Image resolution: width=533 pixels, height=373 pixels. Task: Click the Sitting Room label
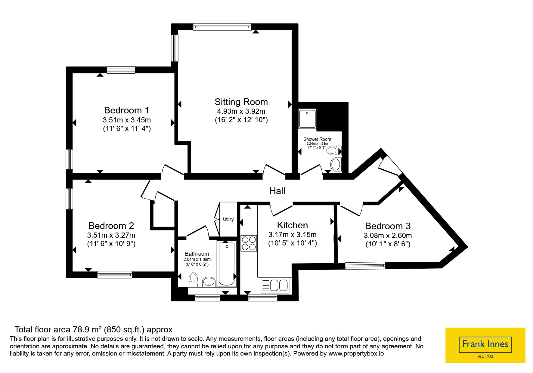tap(241, 102)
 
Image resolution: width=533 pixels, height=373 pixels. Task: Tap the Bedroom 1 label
tap(127, 110)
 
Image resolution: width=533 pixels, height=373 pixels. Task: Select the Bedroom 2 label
tap(111, 226)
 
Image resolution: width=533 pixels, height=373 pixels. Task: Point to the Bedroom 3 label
tap(388, 226)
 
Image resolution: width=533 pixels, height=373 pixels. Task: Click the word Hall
tap(277, 191)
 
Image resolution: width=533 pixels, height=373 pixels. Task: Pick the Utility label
tap(228, 219)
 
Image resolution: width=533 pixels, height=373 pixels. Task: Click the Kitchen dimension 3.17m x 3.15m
tap(292, 235)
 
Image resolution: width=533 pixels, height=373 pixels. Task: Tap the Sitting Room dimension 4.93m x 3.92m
tap(241, 111)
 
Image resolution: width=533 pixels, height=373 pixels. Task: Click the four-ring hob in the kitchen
tap(249, 243)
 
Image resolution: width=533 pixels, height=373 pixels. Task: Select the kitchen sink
tap(275, 285)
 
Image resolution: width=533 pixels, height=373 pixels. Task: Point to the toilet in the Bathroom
tap(193, 280)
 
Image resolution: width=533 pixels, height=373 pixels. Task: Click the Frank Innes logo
tap(485, 345)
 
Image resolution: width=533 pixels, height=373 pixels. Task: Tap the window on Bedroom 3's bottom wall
tap(365, 265)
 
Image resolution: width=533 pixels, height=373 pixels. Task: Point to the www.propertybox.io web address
tap(356, 353)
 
